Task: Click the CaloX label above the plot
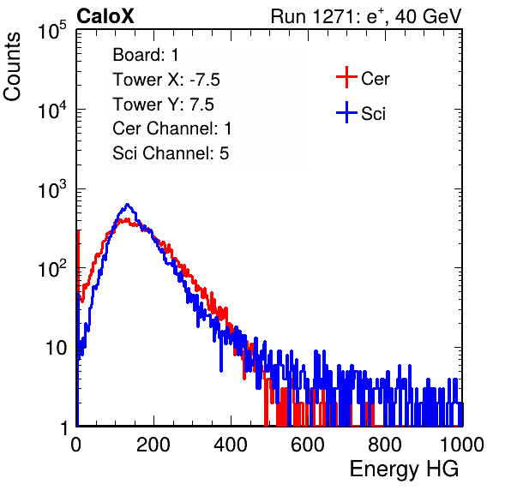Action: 105,16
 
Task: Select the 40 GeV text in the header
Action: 428,16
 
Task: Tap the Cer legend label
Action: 375,79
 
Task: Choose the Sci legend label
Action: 373,114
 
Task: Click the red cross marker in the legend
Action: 346,77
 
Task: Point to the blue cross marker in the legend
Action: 346,113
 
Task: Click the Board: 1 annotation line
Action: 146,55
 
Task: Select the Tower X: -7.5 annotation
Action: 166,80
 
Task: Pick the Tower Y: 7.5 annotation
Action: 163,105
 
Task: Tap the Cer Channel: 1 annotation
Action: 172,128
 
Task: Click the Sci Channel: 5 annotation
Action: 171,153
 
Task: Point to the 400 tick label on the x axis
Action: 231,445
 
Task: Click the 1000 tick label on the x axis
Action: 462,445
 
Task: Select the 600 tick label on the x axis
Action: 308,445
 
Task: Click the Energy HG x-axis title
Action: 404,469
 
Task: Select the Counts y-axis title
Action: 12,67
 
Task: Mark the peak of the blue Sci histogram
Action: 128,205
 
